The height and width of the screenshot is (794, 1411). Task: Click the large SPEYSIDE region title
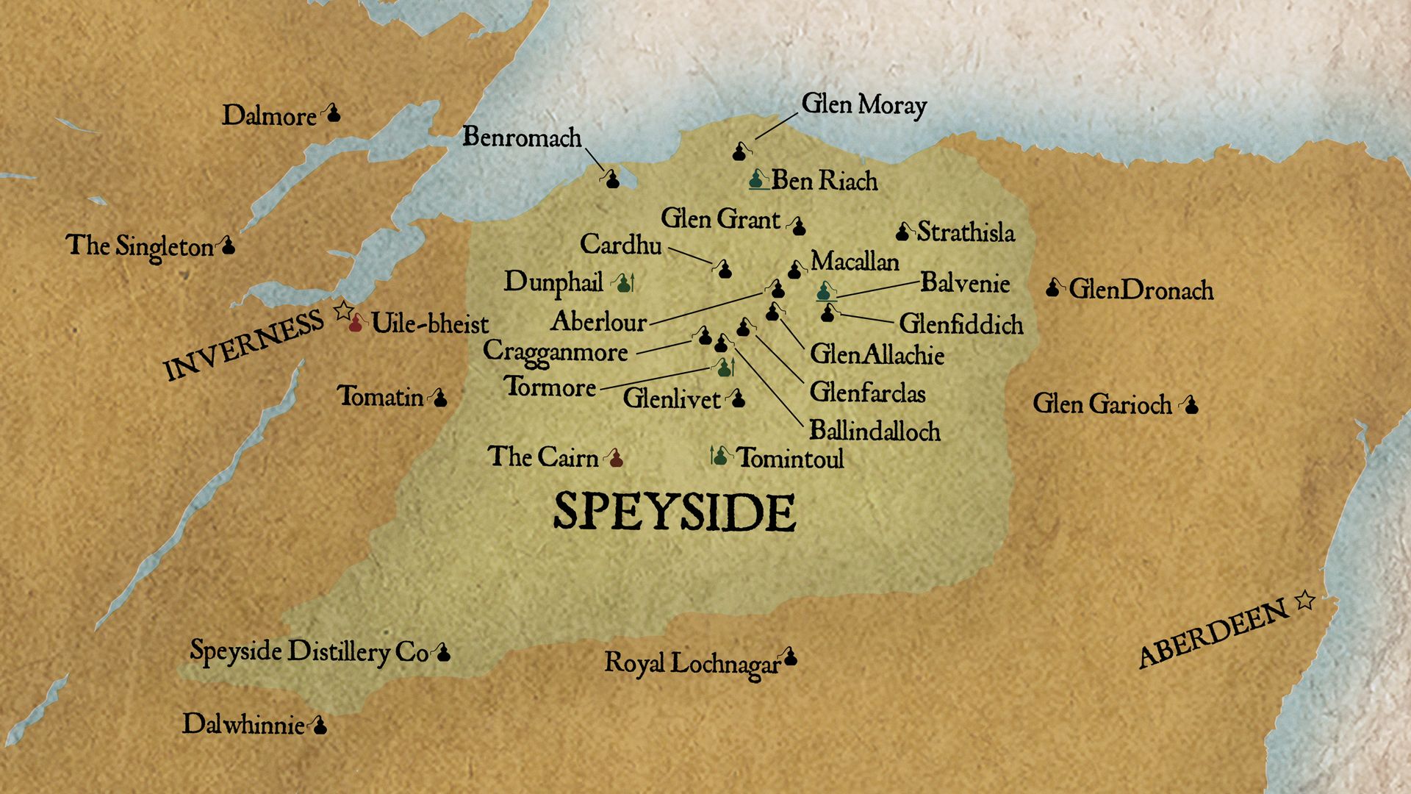pyautogui.click(x=674, y=512)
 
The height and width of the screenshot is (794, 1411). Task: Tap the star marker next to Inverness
pyautogui.click(x=342, y=310)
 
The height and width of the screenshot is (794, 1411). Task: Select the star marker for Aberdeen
pyautogui.click(x=1304, y=601)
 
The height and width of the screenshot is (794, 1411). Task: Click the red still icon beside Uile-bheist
pyautogui.click(x=356, y=323)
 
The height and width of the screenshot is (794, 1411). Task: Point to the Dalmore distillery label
pyautogui.click(x=269, y=115)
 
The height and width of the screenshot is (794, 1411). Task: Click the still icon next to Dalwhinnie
pyautogui.click(x=319, y=726)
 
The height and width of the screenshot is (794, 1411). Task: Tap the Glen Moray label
pyautogui.click(x=864, y=105)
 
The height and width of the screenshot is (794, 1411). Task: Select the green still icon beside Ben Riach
pyautogui.click(x=757, y=179)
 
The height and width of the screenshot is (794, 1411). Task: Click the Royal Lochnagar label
pyautogui.click(x=691, y=663)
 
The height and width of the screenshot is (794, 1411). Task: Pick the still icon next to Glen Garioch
pyautogui.click(x=1191, y=404)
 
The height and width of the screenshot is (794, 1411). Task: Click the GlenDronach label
pyautogui.click(x=1141, y=290)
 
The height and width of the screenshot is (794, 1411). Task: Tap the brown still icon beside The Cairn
pyautogui.click(x=616, y=459)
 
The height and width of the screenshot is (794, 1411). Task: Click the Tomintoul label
pyautogui.click(x=790, y=458)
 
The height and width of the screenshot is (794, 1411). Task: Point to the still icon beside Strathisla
pyautogui.click(x=902, y=232)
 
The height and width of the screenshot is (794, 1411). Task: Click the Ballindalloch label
pyautogui.click(x=875, y=430)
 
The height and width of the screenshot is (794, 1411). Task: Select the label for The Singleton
pyautogui.click(x=140, y=246)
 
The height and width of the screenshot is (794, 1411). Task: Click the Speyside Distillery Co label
pyautogui.click(x=309, y=651)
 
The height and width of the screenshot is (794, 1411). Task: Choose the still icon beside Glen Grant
pyautogui.click(x=799, y=226)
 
